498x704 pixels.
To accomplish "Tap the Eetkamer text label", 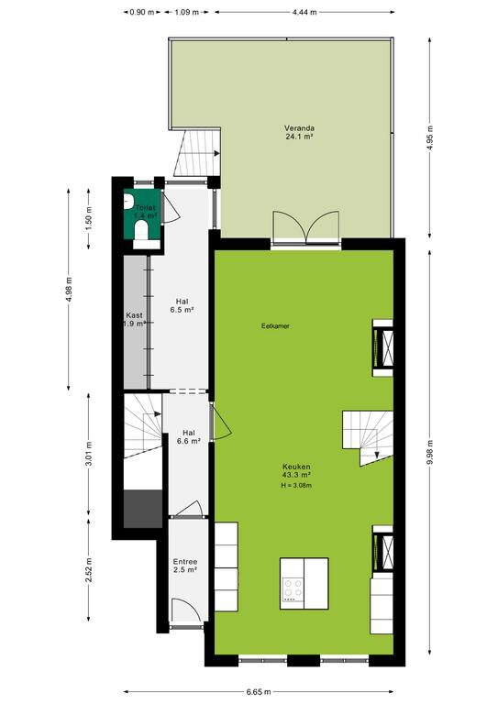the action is point(275,326).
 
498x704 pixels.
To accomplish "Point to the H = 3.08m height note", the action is point(296,485).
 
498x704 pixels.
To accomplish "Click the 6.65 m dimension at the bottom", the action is point(259,692).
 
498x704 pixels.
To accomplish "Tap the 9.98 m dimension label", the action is point(430,454).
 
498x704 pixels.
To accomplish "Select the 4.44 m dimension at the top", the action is point(304,13).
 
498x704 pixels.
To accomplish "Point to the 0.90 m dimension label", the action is point(142,13).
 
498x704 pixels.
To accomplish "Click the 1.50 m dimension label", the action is point(89,219).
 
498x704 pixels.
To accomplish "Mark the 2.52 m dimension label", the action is point(89,570).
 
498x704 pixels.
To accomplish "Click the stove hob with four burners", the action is point(292,589).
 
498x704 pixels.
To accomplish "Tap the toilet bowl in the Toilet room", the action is point(141,230).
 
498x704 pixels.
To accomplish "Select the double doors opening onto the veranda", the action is point(305,226).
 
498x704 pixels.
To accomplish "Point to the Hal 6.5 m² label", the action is point(182,305).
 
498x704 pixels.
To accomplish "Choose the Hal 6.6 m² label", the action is point(189,437).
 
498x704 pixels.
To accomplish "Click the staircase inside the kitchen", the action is point(368,438).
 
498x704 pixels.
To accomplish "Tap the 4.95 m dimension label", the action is point(430,138).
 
